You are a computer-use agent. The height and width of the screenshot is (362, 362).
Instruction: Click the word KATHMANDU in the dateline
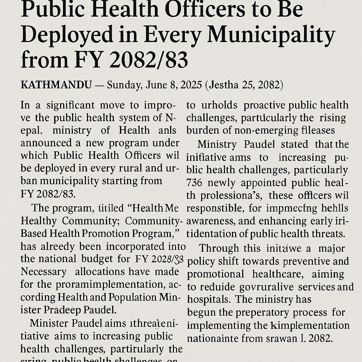tap(56, 85)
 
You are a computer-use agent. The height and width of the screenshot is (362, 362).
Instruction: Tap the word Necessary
tap(43, 271)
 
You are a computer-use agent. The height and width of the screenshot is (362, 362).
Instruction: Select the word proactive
tap(265, 105)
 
